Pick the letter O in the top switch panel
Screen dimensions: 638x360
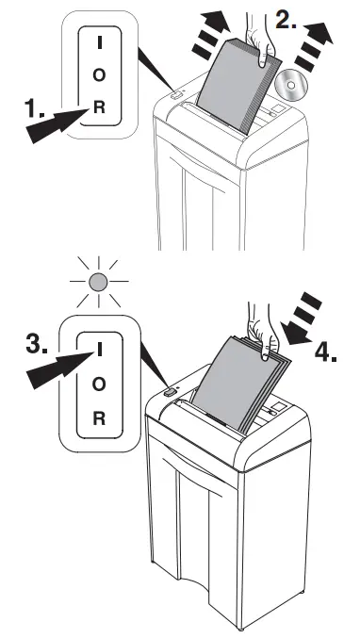click(99, 75)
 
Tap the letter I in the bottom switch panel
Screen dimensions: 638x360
click(99, 351)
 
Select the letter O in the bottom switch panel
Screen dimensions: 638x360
click(99, 383)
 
